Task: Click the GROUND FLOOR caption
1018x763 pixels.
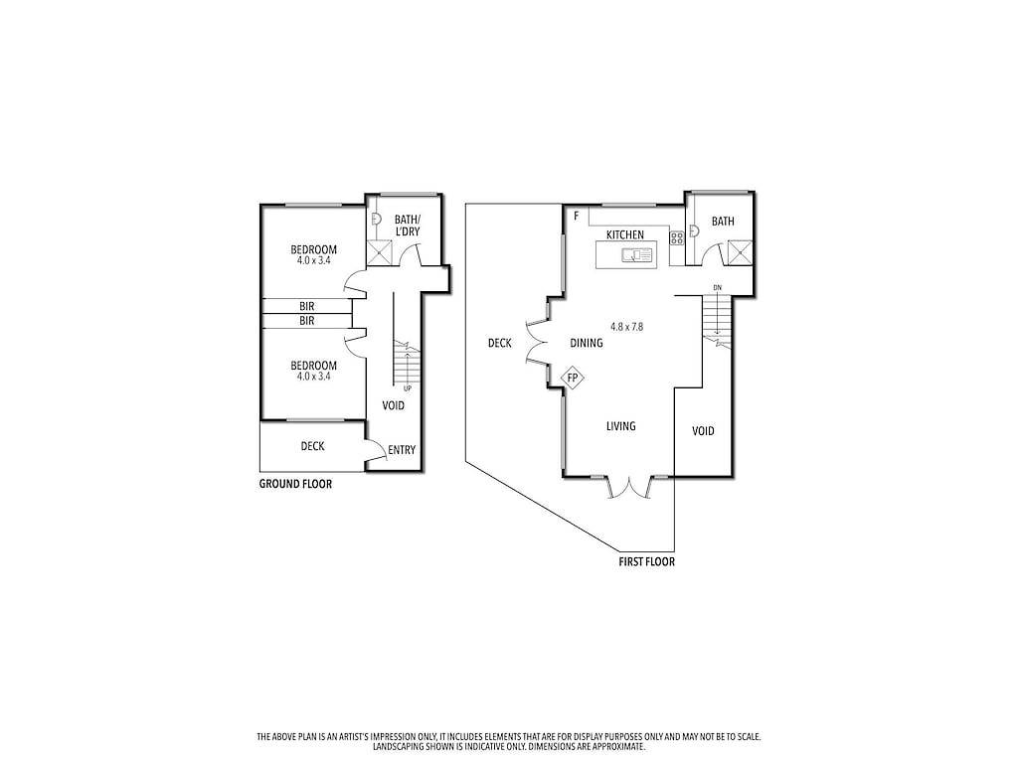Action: [295, 484]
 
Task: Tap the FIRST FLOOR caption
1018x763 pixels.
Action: [646, 562]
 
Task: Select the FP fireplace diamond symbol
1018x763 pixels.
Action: [572, 378]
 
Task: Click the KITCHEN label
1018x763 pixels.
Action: [625, 234]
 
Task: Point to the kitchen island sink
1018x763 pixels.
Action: [637, 255]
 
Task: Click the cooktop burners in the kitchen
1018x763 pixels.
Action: [677, 238]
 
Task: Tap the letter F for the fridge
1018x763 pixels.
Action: [576, 216]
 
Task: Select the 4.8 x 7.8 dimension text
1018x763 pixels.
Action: [626, 327]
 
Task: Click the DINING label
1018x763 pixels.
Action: [587, 343]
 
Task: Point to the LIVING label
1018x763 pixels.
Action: [620, 426]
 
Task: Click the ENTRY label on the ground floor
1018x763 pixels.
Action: [402, 450]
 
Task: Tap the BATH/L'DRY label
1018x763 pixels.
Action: [408, 226]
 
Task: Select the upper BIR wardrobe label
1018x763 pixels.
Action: [307, 306]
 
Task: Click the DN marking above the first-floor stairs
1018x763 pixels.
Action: [717, 287]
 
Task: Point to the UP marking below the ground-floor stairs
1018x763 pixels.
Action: [408, 388]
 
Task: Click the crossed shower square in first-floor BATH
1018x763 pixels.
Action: [740, 252]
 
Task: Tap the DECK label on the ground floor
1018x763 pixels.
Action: [312, 446]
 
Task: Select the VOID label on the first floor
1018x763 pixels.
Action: [703, 431]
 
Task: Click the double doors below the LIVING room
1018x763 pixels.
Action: [628, 488]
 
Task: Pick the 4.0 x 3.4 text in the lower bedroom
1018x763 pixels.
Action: [313, 376]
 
